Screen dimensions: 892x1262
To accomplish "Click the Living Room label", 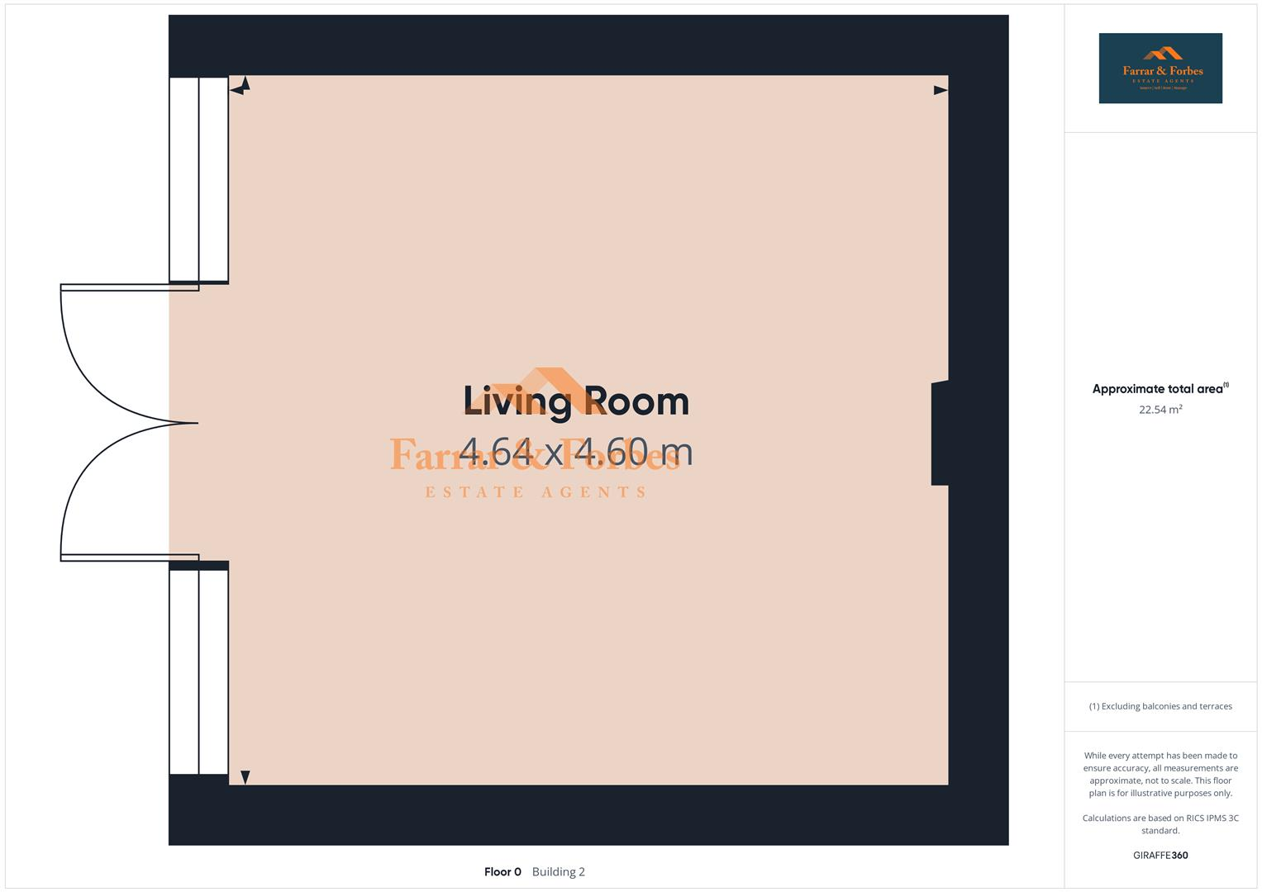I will point(576,401).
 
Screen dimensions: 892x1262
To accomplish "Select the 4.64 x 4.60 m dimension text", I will point(576,452).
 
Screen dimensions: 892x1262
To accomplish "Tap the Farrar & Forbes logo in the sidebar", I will point(1160,69).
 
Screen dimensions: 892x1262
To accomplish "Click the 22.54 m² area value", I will point(1160,410).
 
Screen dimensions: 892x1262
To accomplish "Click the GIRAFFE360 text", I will point(1160,856).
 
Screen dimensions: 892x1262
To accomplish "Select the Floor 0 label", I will point(502,872).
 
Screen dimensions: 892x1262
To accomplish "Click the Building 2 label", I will point(559,872).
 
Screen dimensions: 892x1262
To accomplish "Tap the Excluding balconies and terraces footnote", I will point(1160,707).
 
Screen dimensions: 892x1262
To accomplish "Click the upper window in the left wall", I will point(198,180).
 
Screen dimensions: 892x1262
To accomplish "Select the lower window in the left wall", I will point(198,671).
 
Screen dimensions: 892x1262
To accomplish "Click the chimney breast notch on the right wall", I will point(940,433).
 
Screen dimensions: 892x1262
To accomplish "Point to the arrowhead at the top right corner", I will point(941,90).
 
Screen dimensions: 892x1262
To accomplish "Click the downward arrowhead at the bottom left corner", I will point(245,777).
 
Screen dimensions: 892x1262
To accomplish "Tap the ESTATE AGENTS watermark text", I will point(536,493).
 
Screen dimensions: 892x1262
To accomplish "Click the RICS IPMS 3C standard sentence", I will point(1160,824).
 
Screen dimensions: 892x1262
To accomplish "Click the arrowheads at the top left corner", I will point(240,86).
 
